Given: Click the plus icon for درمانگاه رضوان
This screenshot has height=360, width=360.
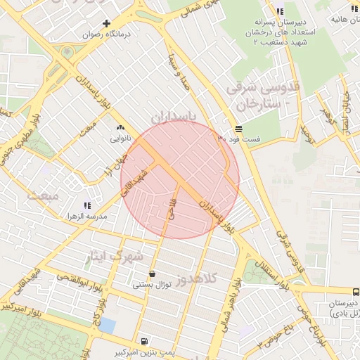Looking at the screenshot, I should pyautogui.click(x=107, y=23).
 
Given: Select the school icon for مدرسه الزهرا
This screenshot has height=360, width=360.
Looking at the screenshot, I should pyautogui.click(x=87, y=205).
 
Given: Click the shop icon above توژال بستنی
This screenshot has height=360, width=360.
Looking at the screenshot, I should pyautogui.click(x=153, y=274).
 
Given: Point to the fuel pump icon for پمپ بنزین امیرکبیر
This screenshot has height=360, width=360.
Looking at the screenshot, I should pyautogui.click(x=144, y=341).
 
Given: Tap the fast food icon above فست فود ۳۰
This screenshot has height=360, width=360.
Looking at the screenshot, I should pyautogui.click(x=239, y=129).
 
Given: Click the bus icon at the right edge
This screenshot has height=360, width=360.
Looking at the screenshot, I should pyautogui.click(x=355, y=291).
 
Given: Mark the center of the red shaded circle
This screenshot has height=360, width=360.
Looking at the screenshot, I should pyautogui.click(x=180, y=179).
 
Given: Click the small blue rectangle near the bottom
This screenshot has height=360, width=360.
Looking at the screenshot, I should pyautogui.click(x=107, y=326).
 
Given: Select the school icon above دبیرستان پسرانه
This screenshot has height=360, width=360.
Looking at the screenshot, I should pyautogui.click(x=280, y=12).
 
